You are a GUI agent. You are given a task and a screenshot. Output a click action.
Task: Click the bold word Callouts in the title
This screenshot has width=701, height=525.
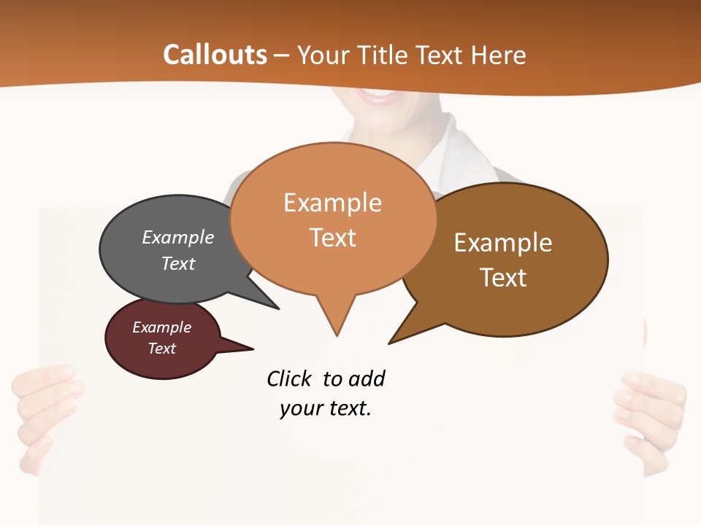click(215, 55)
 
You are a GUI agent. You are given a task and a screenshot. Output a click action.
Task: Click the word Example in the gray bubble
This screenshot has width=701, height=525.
click(177, 238)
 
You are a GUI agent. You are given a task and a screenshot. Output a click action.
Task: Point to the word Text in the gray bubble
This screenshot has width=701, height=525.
click(177, 263)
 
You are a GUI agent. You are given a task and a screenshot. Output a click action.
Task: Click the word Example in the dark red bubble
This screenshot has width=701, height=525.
click(161, 327)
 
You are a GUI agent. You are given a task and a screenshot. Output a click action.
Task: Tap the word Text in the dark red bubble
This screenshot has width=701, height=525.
click(161, 349)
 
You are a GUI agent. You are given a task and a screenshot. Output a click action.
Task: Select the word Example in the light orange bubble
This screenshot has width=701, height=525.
click(332, 203)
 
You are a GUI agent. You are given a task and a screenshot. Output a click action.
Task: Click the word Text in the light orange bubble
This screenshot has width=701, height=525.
click(332, 238)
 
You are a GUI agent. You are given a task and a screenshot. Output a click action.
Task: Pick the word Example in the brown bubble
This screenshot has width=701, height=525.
click(503, 243)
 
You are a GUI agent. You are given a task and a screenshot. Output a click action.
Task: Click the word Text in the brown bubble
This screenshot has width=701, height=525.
click(503, 278)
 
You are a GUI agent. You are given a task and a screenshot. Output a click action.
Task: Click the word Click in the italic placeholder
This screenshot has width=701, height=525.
click(291, 379)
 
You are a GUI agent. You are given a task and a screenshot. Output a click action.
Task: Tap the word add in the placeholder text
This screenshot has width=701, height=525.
click(367, 379)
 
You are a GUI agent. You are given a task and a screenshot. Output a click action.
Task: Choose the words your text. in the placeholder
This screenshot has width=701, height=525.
click(325, 408)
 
